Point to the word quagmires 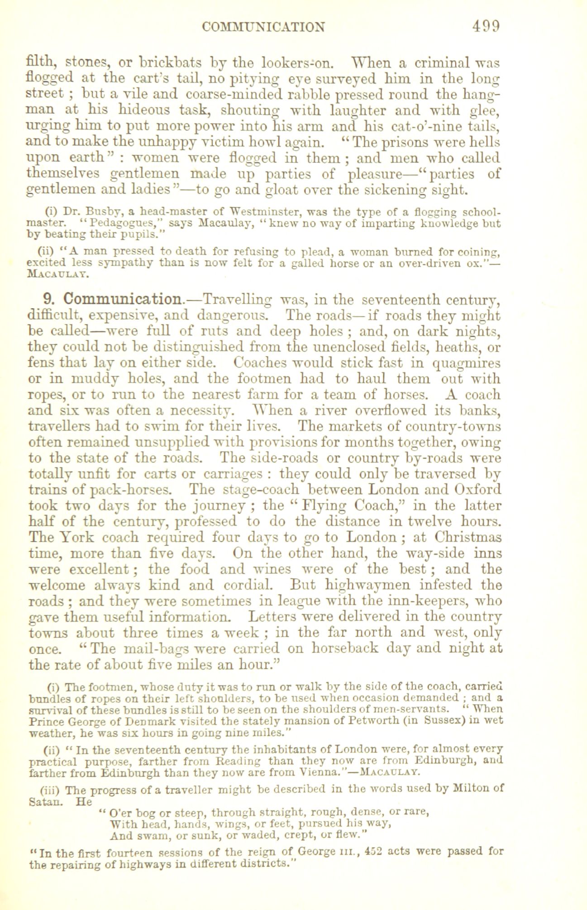(x=467, y=363)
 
